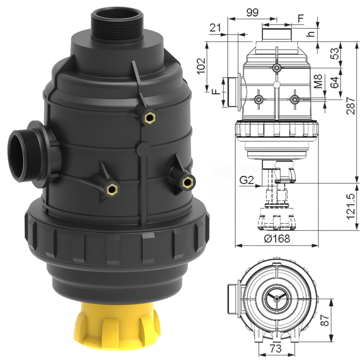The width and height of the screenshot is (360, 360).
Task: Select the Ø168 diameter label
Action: (277, 239)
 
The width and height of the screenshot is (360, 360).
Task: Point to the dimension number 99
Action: (252, 12)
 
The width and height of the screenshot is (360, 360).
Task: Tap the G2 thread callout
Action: (247, 180)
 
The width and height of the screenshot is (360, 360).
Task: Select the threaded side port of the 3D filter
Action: (24, 155)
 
